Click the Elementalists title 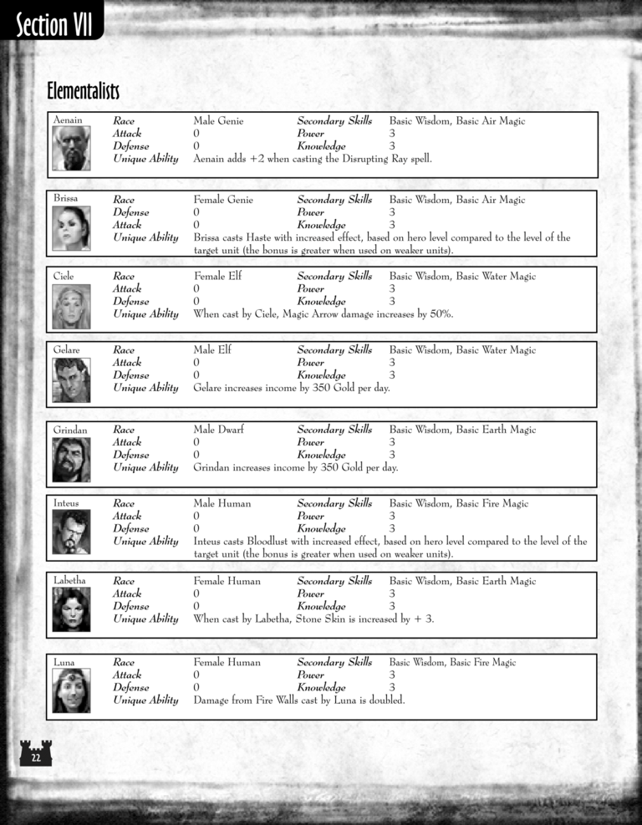pyautogui.click(x=84, y=89)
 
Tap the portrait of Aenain pyautogui.click(x=71, y=149)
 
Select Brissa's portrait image pyautogui.click(x=71, y=228)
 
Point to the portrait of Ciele pyautogui.click(x=71, y=306)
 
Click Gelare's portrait pyautogui.click(x=71, y=379)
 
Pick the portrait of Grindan pyautogui.click(x=71, y=459)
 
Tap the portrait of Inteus pyautogui.click(x=71, y=532)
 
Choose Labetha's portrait pyautogui.click(x=71, y=609)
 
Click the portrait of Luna pyautogui.click(x=71, y=690)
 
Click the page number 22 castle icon pyautogui.click(x=35, y=756)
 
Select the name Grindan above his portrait pyautogui.click(x=70, y=430)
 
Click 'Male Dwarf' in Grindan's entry pyautogui.click(x=219, y=430)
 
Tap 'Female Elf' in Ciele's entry pyautogui.click(x=217, y=276)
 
